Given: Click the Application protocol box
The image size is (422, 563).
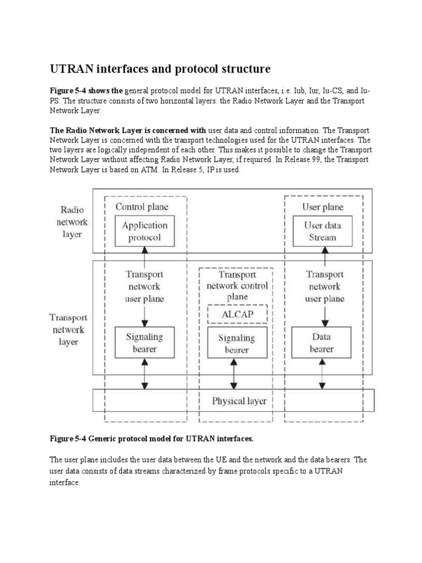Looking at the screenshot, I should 145,231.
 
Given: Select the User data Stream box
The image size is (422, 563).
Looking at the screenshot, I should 323,231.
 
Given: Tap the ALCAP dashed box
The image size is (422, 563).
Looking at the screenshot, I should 236,314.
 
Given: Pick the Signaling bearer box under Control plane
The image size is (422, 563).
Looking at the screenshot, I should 145,343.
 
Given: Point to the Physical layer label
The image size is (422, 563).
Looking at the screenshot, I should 239,401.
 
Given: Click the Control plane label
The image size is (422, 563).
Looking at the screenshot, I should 142,207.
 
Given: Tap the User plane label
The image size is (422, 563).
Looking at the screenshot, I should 323,207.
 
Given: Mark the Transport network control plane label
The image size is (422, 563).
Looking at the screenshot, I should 237,286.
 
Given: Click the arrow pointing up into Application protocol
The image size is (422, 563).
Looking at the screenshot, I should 145,257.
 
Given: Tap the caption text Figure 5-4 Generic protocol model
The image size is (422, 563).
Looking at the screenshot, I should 152,439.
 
